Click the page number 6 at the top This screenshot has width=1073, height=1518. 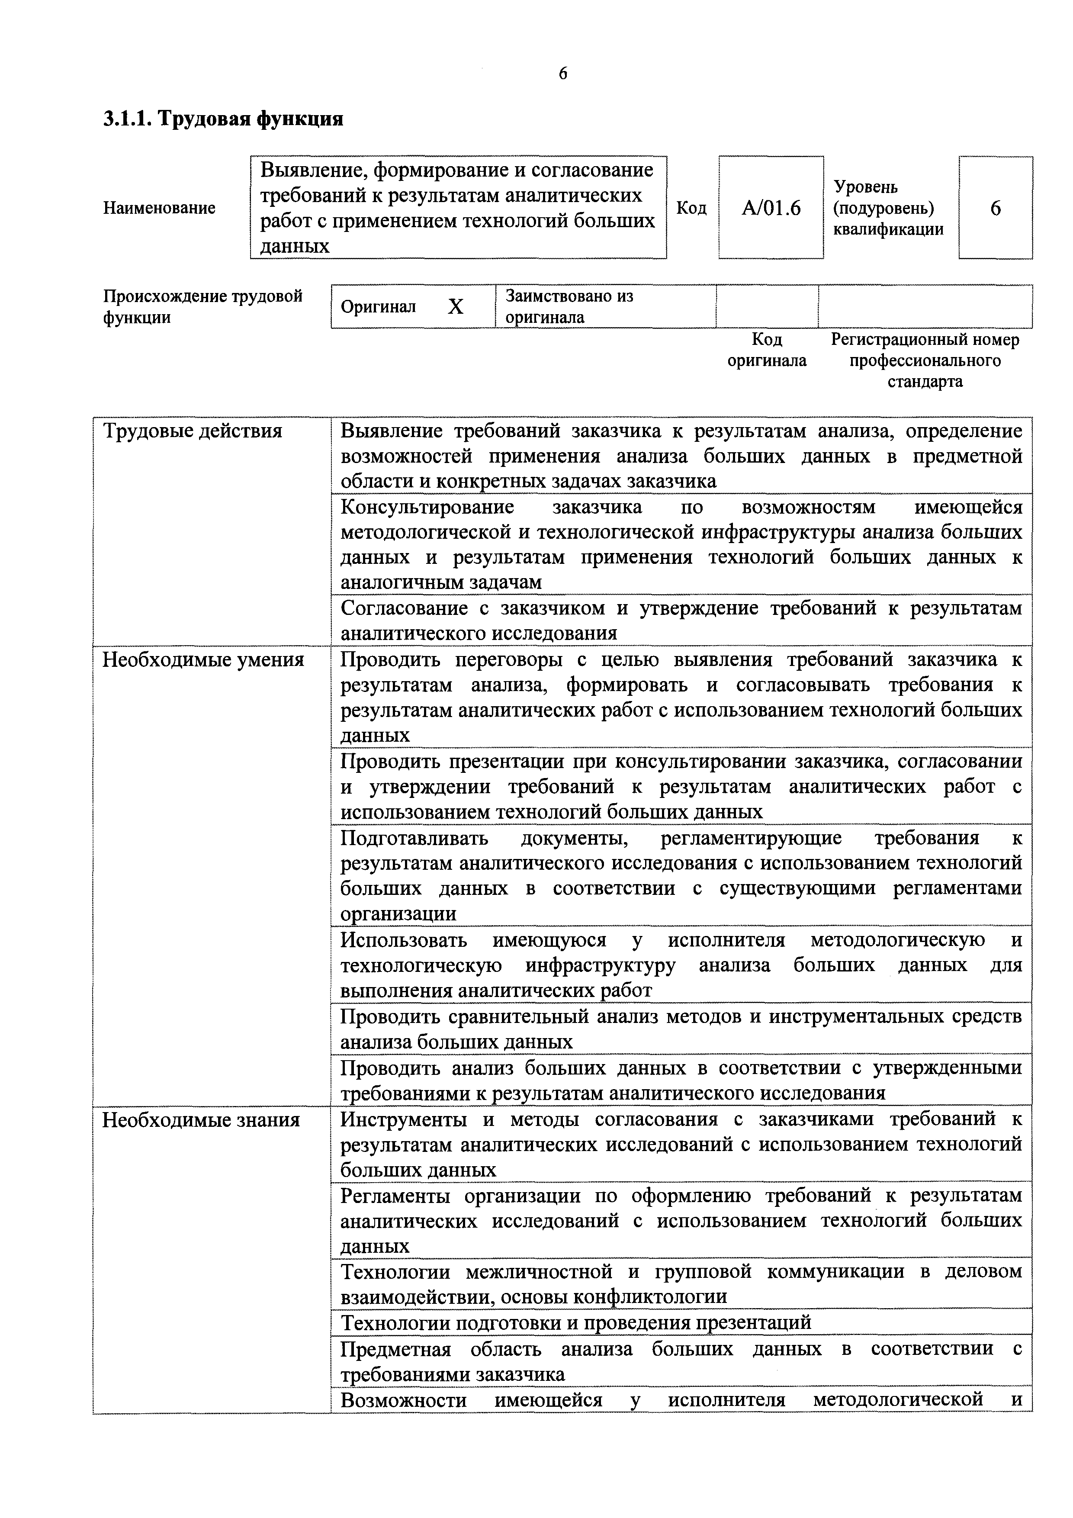pos(562,74)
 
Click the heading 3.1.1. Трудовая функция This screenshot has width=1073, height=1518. pos(223,119)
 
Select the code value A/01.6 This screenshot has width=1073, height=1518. pos(771,208)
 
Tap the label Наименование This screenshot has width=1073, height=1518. pos(159,208)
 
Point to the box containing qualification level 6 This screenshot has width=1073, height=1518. pos(995,208)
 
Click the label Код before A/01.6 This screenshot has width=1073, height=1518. pos(691,208)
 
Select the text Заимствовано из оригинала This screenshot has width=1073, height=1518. pos(569,306)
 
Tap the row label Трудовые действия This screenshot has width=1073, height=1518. pos(193,431)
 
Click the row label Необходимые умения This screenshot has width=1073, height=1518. pos(203,660)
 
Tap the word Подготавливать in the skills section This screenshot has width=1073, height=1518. pos(414,838)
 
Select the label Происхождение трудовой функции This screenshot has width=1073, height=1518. pos(203,306)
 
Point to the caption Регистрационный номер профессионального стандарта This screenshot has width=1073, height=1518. pos(925,360)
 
